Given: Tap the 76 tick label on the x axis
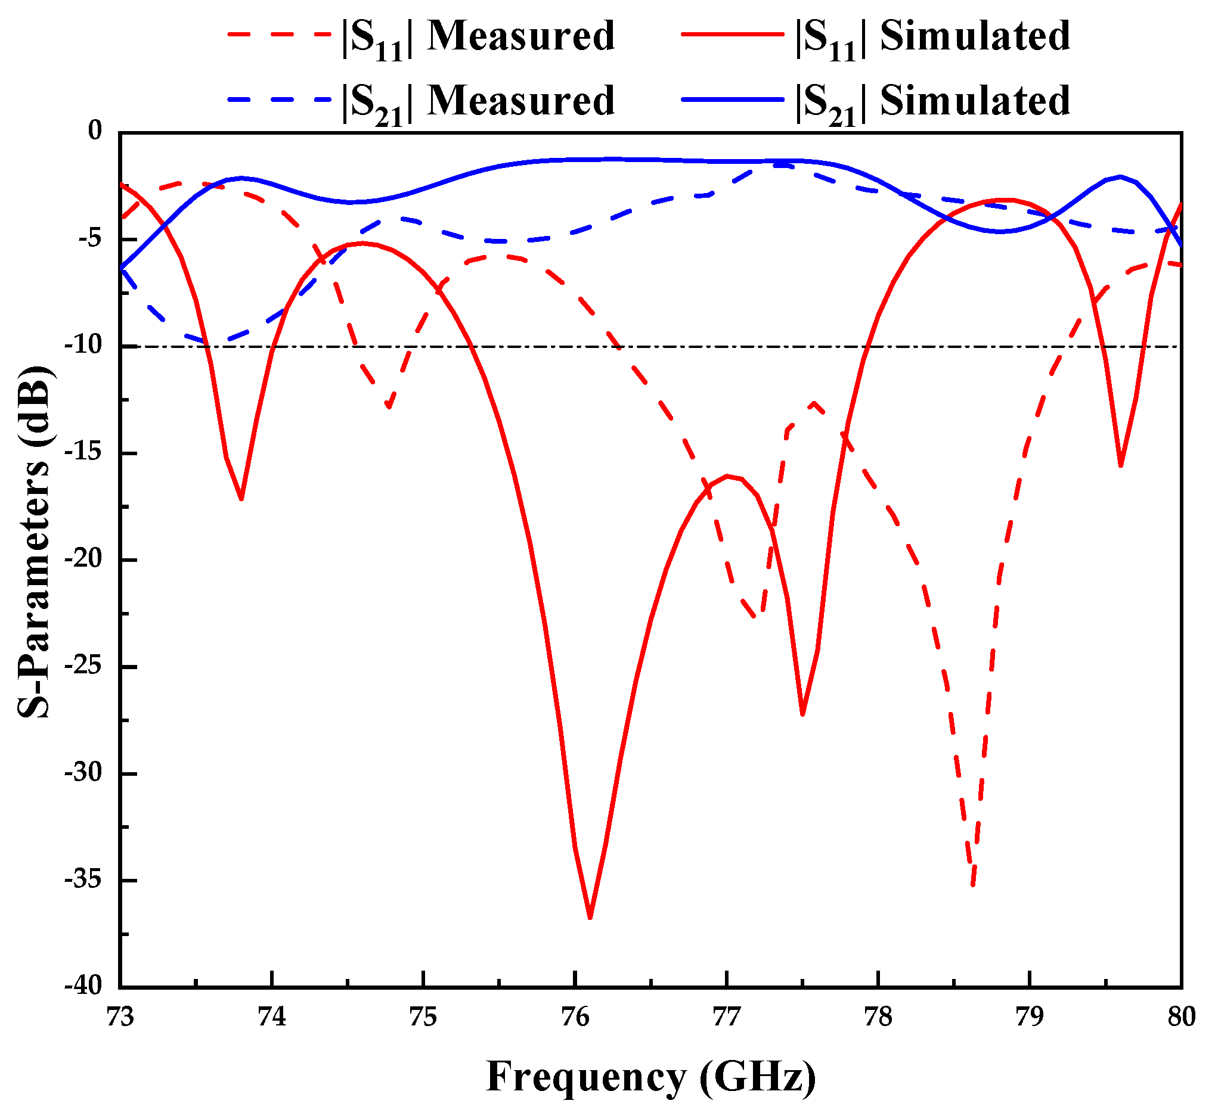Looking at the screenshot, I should coord(575,1017).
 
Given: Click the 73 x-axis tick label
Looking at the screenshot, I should coord(120,1017).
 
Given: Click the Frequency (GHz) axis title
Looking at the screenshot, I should coord(650,1077).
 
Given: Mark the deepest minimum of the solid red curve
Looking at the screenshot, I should coord(590,918).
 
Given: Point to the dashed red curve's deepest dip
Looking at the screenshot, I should coord(974,885).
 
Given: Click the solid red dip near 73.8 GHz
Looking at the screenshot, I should coord(241,499).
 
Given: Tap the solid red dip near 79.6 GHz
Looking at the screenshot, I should coord(1121,465).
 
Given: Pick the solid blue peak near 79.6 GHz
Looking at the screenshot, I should coord(1121,176).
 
